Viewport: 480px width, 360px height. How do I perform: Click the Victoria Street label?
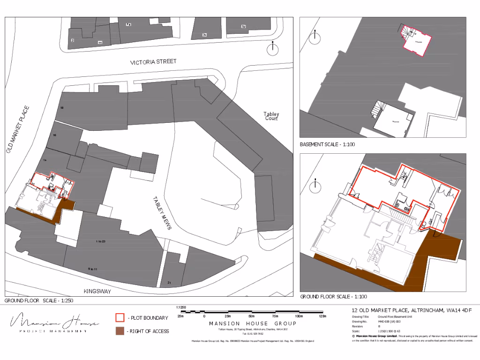tap(153, 62)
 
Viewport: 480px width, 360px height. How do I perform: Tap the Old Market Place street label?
tap(18, 130)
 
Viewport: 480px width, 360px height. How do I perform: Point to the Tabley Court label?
tap(271, 116)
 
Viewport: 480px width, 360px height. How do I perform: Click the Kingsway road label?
tap(97, 292)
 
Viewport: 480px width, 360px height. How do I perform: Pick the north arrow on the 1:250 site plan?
tap(272, 48)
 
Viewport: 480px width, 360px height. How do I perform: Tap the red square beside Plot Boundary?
tap(120, 318)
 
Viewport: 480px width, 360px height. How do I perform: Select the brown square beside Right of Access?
tap(120, 331)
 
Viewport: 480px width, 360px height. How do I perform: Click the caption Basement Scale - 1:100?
tap(327, 144)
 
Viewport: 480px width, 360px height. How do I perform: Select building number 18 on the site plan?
tap(62, 108)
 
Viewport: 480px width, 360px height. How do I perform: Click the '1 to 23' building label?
tap(100, 241)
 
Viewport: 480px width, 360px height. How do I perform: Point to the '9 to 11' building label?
tap(92, 269)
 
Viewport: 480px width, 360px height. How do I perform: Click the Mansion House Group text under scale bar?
tap(252, 323)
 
